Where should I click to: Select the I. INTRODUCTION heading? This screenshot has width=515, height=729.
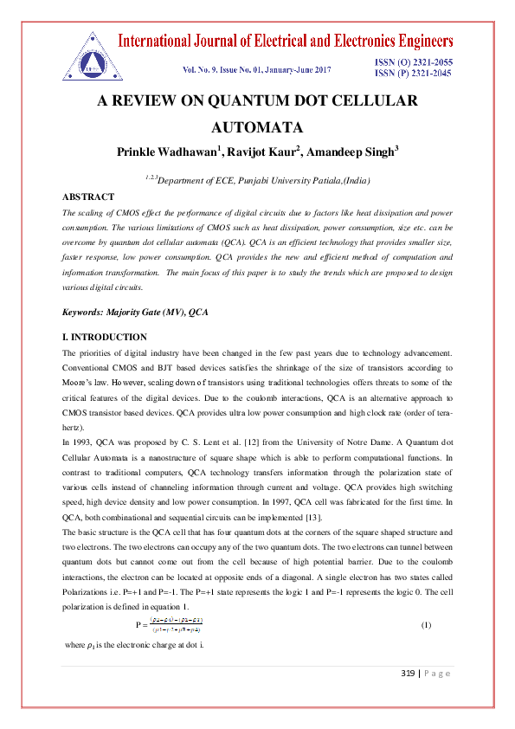coord(105,337)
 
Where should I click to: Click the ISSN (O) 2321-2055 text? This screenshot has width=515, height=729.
coord(413,63)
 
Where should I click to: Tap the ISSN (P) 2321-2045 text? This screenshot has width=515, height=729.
coord(413,74)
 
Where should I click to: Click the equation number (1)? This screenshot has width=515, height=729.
coord(426,601)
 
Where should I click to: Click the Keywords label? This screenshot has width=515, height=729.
coord(86,312)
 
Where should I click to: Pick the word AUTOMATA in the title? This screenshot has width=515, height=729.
coord(257,126)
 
